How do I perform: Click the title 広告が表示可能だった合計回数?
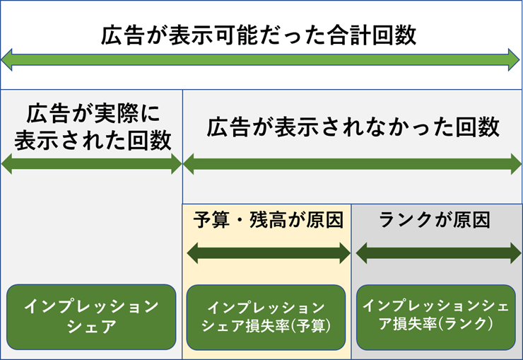[x=259, y=35]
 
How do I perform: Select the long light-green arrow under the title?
[x=260, y=59]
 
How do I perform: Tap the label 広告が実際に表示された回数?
[x=93, y=127]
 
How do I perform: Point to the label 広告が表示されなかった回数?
[x=353, y=127]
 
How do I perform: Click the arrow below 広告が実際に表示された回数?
[x=92, y=164]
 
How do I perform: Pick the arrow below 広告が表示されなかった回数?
[x=352, y=164]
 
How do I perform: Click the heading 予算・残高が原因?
[x=268, y=220]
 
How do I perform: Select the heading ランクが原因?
[x=435, y=220]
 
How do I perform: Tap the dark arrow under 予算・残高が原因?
[x=269, y=253]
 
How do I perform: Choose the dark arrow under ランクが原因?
[x=438, y=253]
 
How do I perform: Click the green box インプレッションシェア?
[x=91, y=317]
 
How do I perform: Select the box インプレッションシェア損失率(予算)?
[x=266, y=318]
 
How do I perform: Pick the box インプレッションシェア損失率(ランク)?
[x=436, y=318]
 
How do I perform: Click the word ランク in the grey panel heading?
[x=406, y=220]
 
